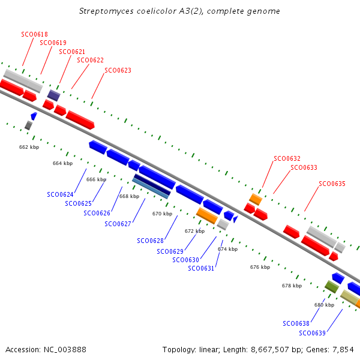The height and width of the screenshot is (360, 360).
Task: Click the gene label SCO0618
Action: (34, 34)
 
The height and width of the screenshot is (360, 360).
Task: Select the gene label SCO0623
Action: (118, 70)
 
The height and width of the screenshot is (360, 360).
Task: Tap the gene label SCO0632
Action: (287, 158)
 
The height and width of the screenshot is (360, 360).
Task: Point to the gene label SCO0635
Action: (332, 184)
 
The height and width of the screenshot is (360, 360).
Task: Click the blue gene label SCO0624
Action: (60, 194)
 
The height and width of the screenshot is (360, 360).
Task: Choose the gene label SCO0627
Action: (118, 224)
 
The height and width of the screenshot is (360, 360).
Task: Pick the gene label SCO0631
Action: (201, 268)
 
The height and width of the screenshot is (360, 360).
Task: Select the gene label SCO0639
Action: (312, 333)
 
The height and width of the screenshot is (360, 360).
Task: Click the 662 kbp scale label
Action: (29, 147)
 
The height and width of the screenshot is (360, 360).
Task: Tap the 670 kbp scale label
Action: (163, 214)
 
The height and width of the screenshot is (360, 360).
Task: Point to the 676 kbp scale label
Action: (260, 267)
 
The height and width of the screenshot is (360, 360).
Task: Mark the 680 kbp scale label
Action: (324, 305)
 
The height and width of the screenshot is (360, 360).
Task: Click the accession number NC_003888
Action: (65, 350)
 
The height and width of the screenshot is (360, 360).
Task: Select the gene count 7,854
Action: (343, 350)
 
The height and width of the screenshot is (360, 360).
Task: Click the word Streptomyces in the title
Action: (106, 11)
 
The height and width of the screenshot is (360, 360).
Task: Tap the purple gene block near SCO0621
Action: (54, 95)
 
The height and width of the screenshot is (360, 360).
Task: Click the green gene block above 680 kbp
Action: (332, 287)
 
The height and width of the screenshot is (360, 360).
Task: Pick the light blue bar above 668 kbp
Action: (151, 189)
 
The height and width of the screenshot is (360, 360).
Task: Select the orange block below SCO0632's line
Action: (256, 199)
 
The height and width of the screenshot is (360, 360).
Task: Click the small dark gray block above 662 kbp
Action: (28, 125)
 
